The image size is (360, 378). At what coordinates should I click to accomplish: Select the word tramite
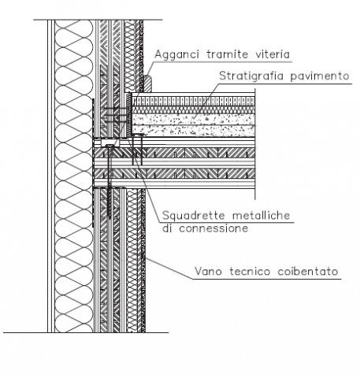[227, 54]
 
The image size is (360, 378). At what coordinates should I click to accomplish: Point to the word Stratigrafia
[251, 76]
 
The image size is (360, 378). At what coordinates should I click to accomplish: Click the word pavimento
[320, 76]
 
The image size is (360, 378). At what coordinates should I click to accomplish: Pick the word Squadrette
[194, 216]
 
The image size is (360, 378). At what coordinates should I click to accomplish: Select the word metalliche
[262, 215]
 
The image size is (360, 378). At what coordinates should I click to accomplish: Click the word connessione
[213, 228]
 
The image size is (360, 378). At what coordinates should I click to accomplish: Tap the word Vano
[208, 271]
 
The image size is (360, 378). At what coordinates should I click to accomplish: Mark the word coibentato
[308, 271]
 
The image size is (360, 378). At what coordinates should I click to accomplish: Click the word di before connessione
[167, 228]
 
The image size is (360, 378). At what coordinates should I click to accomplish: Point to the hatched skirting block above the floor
[147, 83]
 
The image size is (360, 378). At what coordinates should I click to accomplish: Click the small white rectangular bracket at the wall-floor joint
[110, 143]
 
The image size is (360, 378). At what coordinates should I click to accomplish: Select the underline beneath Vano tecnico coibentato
[267, 279]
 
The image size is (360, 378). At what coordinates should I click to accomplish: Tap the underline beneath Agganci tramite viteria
[222, 62]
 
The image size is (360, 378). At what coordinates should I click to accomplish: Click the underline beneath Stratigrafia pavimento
[284, 84]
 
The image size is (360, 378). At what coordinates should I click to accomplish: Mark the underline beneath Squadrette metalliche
[226, 223]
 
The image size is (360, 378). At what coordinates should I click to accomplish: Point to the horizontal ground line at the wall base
[86, 332]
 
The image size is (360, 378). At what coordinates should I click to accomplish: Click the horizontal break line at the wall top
[98, 20]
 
